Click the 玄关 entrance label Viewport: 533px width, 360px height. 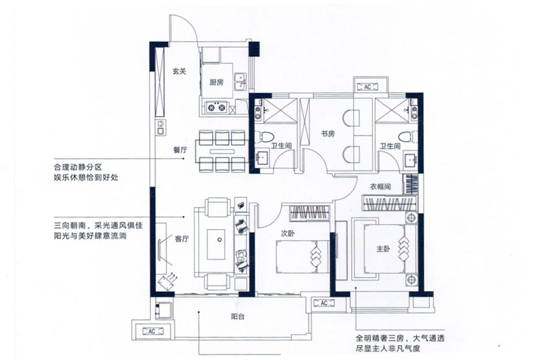click(x=179, y=71)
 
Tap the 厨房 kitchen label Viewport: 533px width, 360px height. click(x=216, y=82)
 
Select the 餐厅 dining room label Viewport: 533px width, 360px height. click(x=181, y=150)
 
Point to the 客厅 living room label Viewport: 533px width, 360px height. click(x=182, y=239)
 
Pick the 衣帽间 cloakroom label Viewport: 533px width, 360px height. click(x=381, y=186)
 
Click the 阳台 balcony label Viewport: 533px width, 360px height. click(x=238, y=316)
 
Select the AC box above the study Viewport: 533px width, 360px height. click(x=367, y=87)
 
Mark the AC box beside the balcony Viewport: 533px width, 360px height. click(x=152, y=331)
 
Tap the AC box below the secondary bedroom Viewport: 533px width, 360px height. click(x=324, y=304)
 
